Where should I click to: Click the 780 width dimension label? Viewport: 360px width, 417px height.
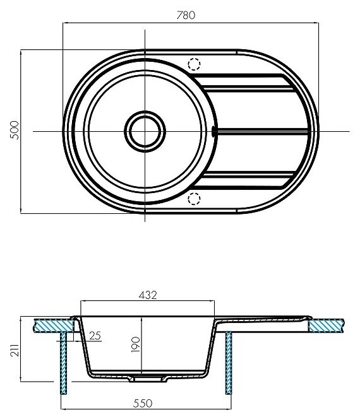coord(186,15)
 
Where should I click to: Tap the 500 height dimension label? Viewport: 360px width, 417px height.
coord(15,130)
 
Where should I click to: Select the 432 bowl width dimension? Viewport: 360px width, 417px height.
coord(148,295)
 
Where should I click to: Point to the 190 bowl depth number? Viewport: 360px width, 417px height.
coord(136,344)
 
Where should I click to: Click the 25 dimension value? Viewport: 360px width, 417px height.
coord(95,336)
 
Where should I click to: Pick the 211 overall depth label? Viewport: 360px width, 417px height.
coord(15,350)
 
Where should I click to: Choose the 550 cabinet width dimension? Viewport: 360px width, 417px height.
coord(143,403)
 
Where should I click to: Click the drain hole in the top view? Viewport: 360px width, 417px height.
coord(145,131)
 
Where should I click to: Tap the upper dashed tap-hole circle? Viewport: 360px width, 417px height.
coord(194,64)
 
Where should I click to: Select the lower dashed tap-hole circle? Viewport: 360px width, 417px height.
coord(194,199)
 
